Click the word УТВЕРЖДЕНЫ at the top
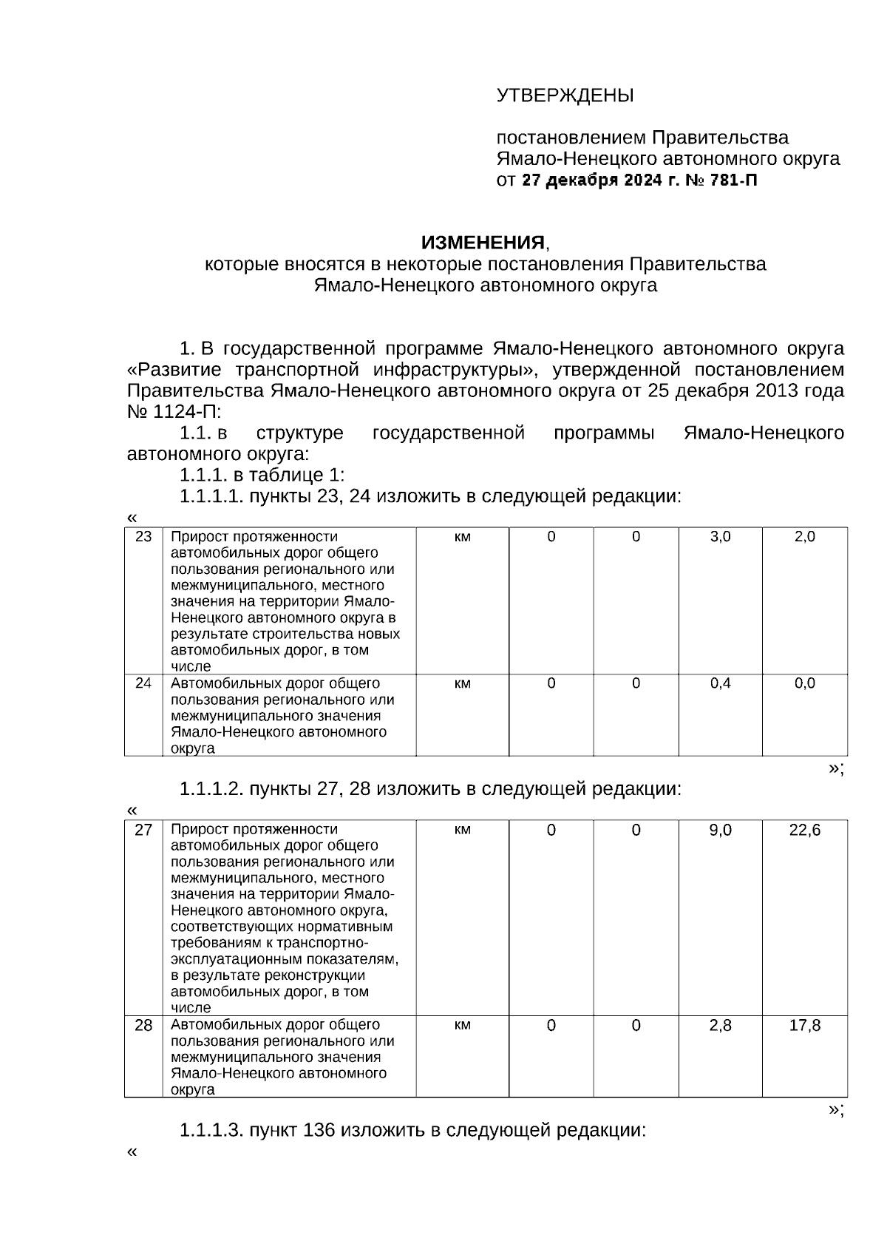click(x=565, y=96)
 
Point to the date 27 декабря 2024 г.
click(x=599, y=180)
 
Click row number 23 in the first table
click(x=143, y=537)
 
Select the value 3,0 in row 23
click(x=720, y=537)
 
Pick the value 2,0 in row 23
click(x=804, y=537)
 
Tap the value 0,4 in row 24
click(x=720, y=683)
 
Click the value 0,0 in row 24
click(x=804, y=683)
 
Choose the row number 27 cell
click(x=143, y=830)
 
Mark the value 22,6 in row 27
click(x=804, y=830)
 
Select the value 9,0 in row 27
click(x=720, y=830)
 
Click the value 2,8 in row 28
click(x=720, y=1026)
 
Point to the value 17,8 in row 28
click(x=804, y=1026)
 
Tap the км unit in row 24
click(x=462, y=683)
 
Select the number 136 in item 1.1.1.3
click(x=319, y=1131)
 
